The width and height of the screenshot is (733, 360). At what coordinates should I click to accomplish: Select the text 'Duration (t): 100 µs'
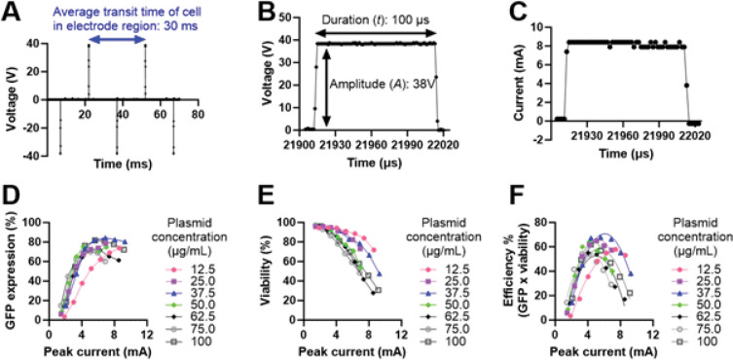click(368, 19)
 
